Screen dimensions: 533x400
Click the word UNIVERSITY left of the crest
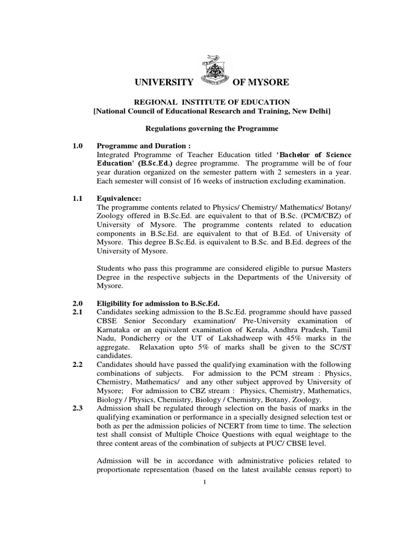[x=164, y=82]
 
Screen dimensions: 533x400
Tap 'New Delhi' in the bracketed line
[x=311, y=111]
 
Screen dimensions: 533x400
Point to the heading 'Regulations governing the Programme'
[x=211, y=128]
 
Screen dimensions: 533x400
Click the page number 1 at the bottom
[x=205, y=482]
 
